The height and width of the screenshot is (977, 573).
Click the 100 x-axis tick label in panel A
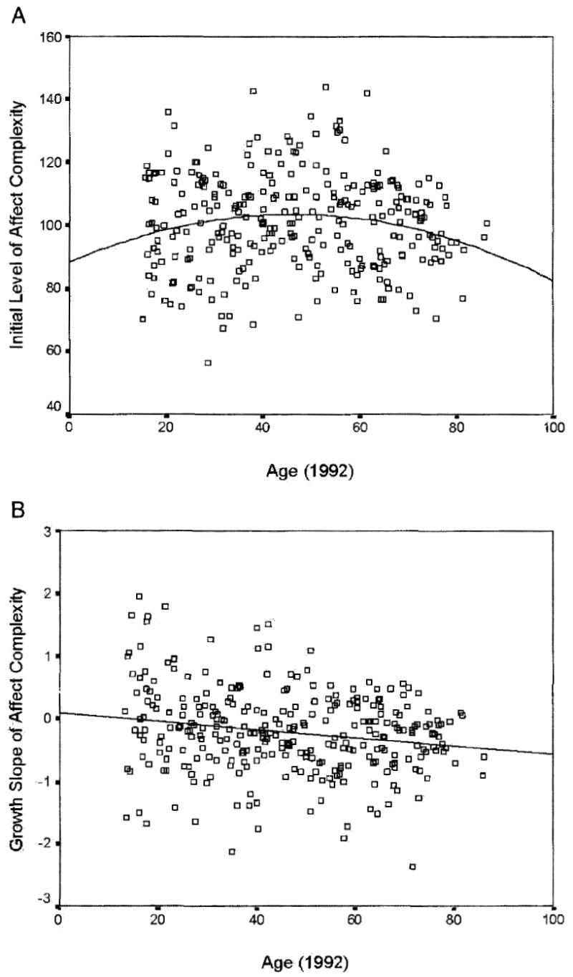tap(554, 428)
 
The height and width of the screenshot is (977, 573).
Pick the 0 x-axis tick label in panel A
tap(69, 428)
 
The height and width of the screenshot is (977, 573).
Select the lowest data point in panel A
tap(208, 363)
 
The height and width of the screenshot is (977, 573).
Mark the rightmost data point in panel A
tap(487, 223)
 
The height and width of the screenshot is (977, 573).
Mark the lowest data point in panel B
tap(413, 867)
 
